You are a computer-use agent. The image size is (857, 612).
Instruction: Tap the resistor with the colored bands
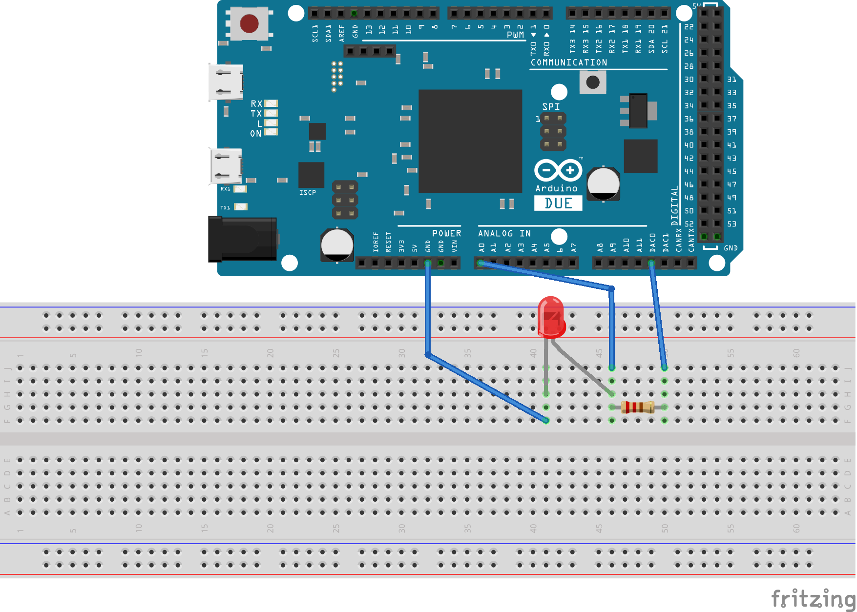pos(638,407)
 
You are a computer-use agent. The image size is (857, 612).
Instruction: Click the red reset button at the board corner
pos(249,23)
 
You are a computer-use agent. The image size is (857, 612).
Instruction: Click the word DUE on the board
pos(558,204)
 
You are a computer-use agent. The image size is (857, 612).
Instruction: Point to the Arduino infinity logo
pos(558,170)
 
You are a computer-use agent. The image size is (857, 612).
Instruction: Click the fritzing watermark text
pos(813,599)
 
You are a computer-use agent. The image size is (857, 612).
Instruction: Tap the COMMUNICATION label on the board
pos(569,62)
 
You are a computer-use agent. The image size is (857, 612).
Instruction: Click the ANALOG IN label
pos(504,234)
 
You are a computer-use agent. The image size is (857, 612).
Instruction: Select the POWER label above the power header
pos(446,234)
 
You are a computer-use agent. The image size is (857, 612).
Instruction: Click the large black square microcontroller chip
pos(470,141)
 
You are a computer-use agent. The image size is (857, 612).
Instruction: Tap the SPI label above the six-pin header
pos(551,106)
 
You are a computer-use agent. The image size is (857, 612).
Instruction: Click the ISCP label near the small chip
pos(308,193)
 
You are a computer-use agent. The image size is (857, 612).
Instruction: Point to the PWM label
pos(515,35)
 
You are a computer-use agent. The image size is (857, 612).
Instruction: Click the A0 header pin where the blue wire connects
pos(481,264)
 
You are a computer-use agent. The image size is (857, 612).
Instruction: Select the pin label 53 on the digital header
pos(732,224)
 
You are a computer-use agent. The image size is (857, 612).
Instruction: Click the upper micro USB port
pos(226,82)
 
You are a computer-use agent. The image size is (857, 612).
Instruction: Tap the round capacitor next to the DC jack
pos(337,245)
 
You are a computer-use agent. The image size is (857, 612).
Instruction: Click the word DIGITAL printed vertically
pos(674,205)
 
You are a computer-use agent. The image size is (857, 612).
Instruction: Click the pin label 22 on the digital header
pos(689,27)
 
